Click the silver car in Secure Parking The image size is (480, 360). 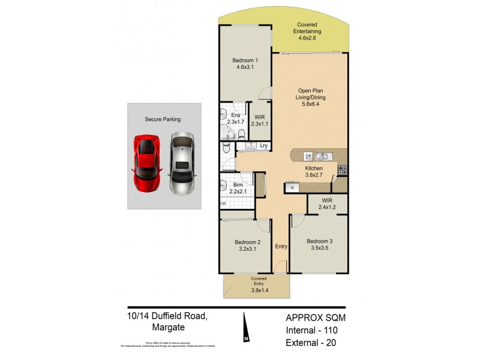182,164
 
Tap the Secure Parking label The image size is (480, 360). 163,119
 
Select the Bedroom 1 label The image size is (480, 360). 245,60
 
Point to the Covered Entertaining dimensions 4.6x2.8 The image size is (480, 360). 307,38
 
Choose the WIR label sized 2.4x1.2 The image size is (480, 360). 327,203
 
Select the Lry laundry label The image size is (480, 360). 263,145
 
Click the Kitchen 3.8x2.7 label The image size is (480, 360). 314,173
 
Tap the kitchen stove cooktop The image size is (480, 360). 342,170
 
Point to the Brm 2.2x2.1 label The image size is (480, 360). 238,188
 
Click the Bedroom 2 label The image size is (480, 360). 247,246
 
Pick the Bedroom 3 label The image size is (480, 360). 319,245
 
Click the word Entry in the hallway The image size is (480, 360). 281,246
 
